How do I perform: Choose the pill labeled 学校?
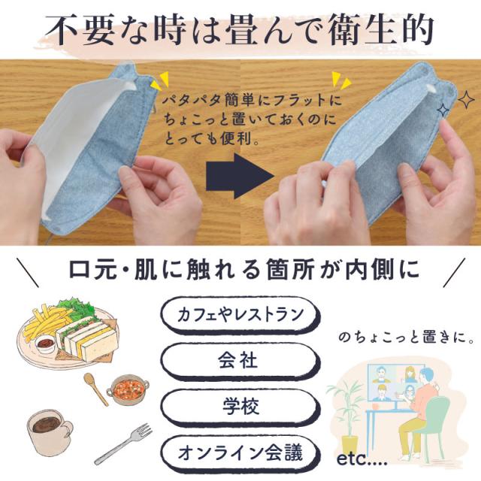[x=239, y=408]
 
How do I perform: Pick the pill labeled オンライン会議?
[x=239, y=453]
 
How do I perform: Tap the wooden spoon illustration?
[x=95, y=387]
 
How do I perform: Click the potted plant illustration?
[x=346, y=406]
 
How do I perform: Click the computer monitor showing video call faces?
[x=390, y=384]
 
